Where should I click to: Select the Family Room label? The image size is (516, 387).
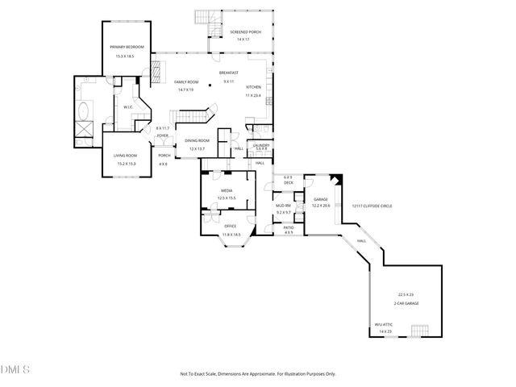(186, 82)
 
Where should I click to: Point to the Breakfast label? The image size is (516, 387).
(228, 73)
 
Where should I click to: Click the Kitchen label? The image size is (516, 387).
(252, 87)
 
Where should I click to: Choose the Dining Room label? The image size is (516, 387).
(198, 141)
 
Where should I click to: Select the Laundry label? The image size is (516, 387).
(261, 145)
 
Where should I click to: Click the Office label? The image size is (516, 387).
(231, 227)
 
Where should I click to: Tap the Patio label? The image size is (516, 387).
(288, 227)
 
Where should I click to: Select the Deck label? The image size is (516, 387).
(288, 183)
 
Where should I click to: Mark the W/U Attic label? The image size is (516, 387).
(383, 326)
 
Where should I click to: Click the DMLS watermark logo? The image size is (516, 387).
(15, 370)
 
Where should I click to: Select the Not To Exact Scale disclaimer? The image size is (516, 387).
(257, 374)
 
